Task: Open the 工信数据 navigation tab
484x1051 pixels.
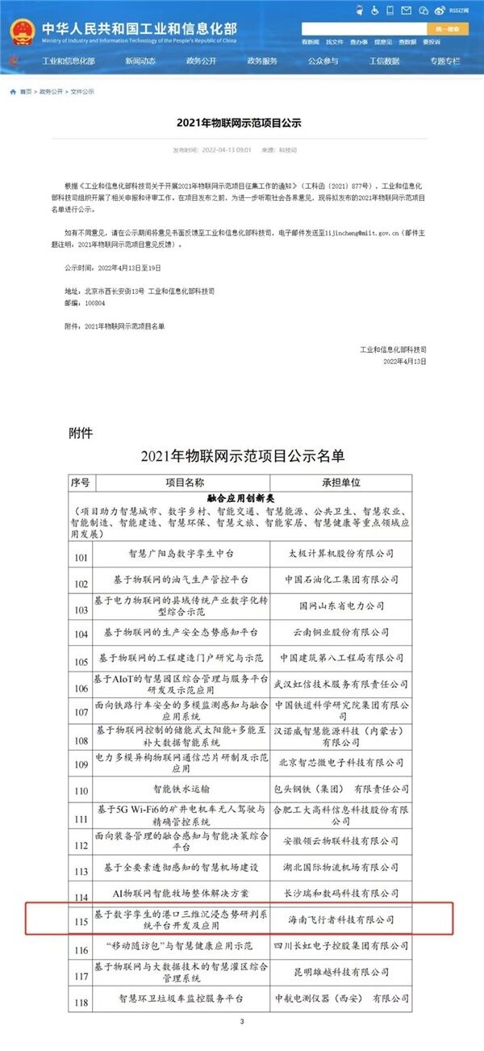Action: point(384,61)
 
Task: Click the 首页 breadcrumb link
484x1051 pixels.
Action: point(26,92)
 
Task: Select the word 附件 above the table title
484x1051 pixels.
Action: point(81,433)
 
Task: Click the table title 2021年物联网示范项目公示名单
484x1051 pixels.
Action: point(242,457)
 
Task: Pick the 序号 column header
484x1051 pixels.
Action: point(80,483)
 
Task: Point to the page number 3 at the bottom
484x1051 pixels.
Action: point(241,1022)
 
